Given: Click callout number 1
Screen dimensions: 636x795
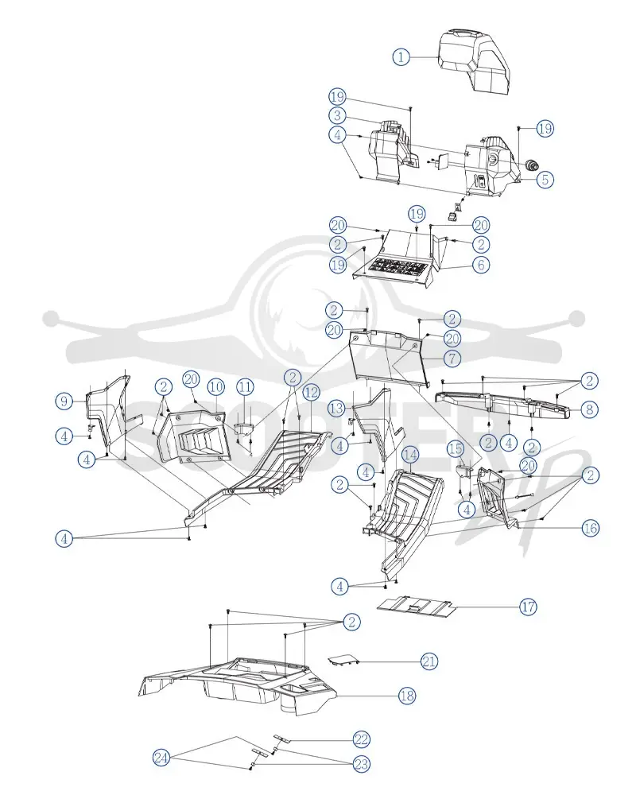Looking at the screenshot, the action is click(401, 56).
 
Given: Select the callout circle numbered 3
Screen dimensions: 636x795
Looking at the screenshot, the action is click(337, 115).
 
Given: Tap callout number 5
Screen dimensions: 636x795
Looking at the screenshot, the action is click(545, 180).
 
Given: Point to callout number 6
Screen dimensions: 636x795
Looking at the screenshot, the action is click(481, 264).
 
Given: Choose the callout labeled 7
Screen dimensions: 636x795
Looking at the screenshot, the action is click(452, 359).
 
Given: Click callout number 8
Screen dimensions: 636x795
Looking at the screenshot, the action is click(589, 409).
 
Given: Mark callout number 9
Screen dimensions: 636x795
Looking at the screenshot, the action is click(64, 401).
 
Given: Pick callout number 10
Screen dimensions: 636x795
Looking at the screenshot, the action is click(216, 387).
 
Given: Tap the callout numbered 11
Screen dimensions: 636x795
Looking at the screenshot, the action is click(246, 387).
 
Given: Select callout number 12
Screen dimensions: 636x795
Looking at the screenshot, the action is click(312, 392).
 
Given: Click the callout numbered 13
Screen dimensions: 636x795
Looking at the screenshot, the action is click(337, 408).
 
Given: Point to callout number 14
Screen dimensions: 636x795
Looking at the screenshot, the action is click(410, 455).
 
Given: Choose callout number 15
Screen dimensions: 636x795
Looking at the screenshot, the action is click(456, 448).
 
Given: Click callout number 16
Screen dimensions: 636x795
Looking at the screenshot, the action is click(591, 528).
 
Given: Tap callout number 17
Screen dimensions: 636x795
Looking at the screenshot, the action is click(528, 607).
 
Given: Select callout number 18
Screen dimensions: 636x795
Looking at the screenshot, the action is click(407, 696).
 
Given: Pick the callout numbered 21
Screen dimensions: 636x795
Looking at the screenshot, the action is click(429, 661).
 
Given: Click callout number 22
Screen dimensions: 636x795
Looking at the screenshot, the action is click(361, 739).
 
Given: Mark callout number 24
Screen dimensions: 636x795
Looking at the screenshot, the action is click(161, 758).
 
